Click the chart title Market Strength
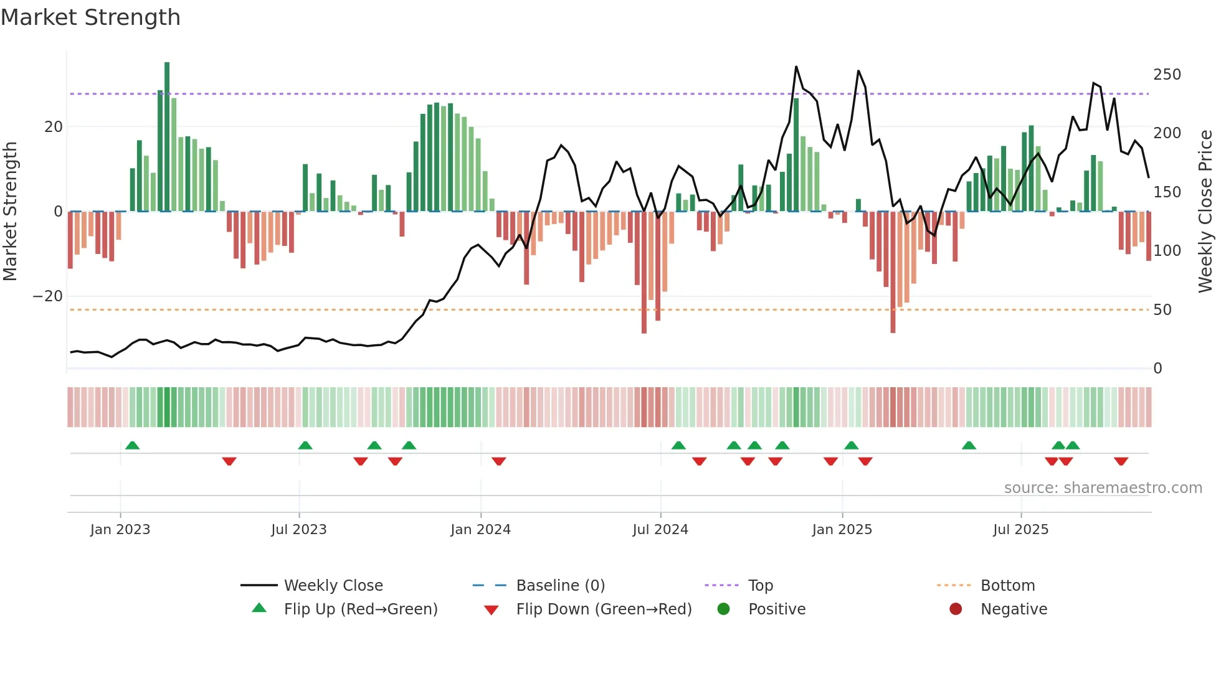point(90,17)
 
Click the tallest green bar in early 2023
point(167,137)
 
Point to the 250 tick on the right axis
point(1167,75)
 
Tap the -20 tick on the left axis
point(48,296)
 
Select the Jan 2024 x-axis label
point(480,530)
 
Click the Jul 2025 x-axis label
point(1020,530)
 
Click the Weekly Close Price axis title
point(1205,212)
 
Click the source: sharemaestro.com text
point(1103,488)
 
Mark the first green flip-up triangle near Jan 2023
point(132,445)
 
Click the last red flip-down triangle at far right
point(1121,461)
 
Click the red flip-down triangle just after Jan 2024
point(498,461)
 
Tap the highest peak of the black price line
point(796,67)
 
